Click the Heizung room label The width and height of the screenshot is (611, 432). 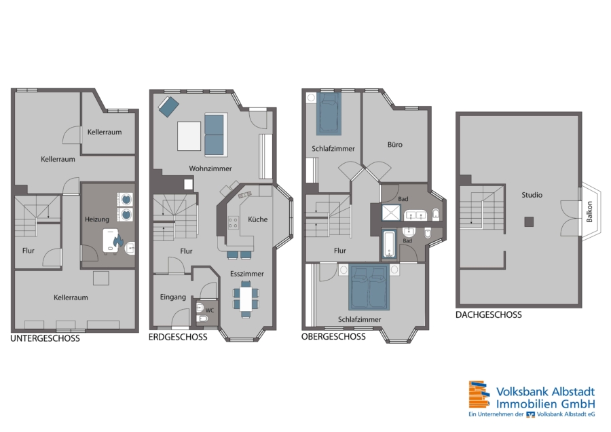[x=96, y=219]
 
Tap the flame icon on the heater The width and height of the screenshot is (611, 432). [x=117, y=242]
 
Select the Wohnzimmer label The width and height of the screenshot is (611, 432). [x=210, y=169]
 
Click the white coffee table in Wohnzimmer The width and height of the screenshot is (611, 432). [x=189, y=136]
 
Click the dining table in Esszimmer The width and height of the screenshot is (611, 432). [x=246, y=298]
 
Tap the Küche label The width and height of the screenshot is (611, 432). [x=257, y=219]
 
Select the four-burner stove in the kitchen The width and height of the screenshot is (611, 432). [x=233, y=223]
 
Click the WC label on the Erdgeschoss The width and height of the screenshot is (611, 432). [x=210, y=310]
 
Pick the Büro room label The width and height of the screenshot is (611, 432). [x=394, y=145]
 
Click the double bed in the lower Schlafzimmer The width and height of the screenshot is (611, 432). [x=369, y=287]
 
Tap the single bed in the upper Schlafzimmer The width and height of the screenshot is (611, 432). [x=329, y=113]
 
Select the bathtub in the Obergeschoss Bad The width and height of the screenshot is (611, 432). [x=389, y=245]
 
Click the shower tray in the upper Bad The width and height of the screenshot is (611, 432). [x=391, y=212]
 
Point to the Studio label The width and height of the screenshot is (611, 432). [x=532, y=195]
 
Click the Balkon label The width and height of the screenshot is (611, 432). [x=589, y=212]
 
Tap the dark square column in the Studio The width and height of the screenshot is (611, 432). [x=528, y=222]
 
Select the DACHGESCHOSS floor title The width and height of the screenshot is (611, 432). [x=489, y=315]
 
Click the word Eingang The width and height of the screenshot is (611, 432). [x=173, y=298]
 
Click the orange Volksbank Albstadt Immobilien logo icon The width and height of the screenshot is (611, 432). [x=479, y=395]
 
